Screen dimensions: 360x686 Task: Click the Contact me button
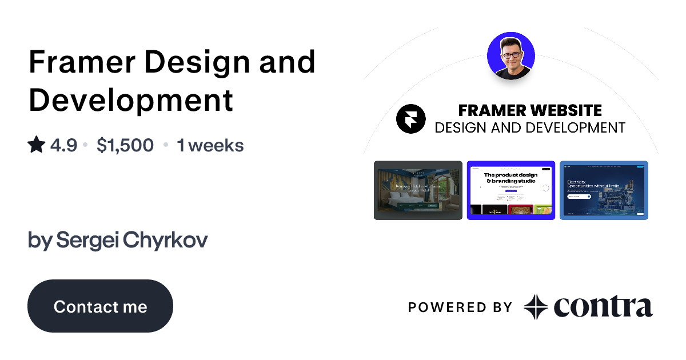pyautogui.click(x=100, y=306)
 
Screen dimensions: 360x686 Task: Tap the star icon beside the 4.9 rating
pyautogui.click(x=36, y=145)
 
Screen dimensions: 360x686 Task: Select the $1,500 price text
pyautogui.click(x=125, y=145)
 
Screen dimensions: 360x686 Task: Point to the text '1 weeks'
pyautogui.click(x=210, y=145)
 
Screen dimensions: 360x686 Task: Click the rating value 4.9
pyautogui.click(x=63, y=145)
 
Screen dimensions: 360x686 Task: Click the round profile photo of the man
pyautogui.click(x=510, y=55)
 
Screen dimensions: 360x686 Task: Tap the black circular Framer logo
pyautogui.click(x=411, y=119)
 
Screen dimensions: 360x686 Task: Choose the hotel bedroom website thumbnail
pyautogui.click(x=418, y=190)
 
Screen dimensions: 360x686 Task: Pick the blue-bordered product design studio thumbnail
pyautogui.click(x=511, y=190)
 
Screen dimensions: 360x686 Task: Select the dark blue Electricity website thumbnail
pyautogui.click(x=604, y=190)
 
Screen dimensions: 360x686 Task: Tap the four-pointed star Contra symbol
pyautogui.click(x=536, y=307)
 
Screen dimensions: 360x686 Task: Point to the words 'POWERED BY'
pyautogui.click(x=460, y=307)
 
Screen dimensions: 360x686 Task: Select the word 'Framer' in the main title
pyautogui.click(x=78, y=62)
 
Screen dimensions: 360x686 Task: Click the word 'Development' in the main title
pyautogui.click(x=131, y=99)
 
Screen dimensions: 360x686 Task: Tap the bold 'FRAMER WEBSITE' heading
pyautogui.click(x=530, y=110)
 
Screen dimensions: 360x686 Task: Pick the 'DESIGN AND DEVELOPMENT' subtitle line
pyautogui.click(x=530, y=127)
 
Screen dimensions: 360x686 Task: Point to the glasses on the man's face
pyautogui.click(x=511, y=55)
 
